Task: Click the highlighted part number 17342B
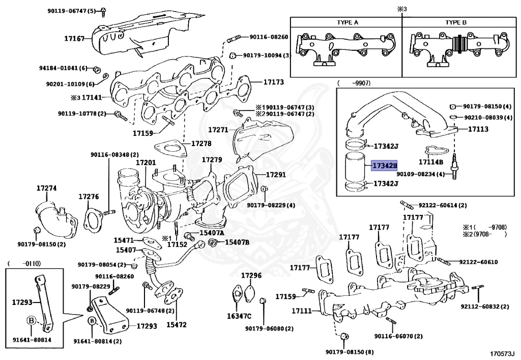(x=384, y=165)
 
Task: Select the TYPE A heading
(x=348, y=23)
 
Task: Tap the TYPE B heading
(x=456, y=23)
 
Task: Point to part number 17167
(x=74, y=38)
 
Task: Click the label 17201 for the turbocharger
(x=146, y=162)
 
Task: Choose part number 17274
(x=46, y=188)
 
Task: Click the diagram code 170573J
(x=503, y=353)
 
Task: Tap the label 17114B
(x=431, y=162)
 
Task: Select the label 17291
(x=275, y=175)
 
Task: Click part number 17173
(x=273, y=81)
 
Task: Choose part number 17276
(x=89, y=197)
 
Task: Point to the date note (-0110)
(x=23, y=263)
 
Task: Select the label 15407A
(x=212, y=233)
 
